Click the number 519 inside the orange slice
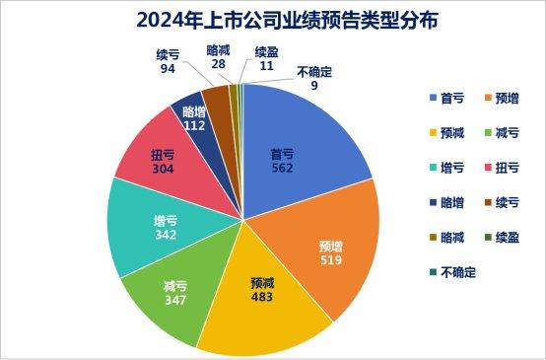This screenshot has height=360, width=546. pyautogui.click(x=330, y=259)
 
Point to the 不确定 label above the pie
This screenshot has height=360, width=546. pyautogui.click(x=312, y=74)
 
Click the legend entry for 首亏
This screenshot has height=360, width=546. pyautogui.click(x=445, y=97)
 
